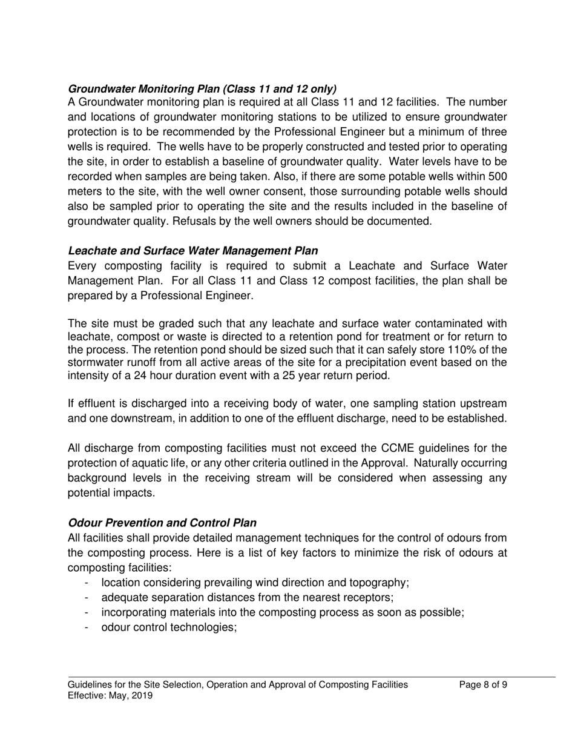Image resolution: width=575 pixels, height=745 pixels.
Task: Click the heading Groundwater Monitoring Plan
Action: (x=202, y=88)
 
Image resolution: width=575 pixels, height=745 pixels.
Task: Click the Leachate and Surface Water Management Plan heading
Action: (x=192, y=251)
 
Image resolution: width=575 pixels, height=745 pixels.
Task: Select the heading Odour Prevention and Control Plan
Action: (x=162, y=523)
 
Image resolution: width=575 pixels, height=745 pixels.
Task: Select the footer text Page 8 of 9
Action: (x=483, y=685)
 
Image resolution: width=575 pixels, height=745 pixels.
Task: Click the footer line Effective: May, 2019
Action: (x=110, y=696)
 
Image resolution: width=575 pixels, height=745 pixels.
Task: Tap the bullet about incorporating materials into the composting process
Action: (x=282, y=612)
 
